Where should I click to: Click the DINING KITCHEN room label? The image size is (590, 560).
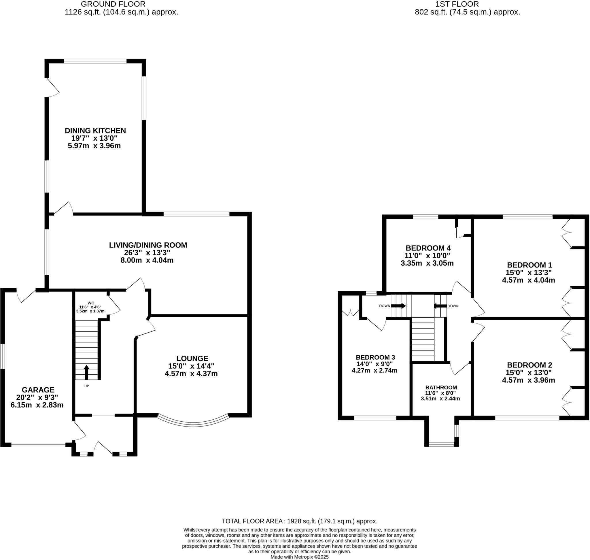[95, 131]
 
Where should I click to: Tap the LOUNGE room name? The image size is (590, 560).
[192, 358]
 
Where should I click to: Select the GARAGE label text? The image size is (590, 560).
[38, 390]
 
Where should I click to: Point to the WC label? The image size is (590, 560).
[91, 303]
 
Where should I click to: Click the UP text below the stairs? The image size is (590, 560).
[86, 386]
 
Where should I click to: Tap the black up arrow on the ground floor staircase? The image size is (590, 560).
[86, 372]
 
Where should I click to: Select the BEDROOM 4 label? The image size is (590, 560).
[428, 248]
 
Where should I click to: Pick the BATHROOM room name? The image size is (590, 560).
[441, 387]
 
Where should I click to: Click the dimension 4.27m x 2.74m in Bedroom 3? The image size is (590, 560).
[374, 370]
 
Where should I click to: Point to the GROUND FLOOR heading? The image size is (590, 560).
[113, 4]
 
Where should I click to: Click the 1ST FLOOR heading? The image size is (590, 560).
[467, 4]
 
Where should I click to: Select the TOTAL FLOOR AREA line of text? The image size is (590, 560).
[299, 521]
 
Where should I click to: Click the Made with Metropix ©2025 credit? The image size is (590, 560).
[299, 557]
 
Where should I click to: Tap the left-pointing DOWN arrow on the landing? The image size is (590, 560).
[440, 306]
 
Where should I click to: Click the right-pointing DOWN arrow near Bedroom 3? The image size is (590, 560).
[398, 306]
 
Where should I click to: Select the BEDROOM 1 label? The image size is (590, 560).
[530, 265]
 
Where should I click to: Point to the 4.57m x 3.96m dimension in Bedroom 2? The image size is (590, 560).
[528, 380]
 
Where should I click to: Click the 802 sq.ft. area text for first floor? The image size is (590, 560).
[467, 12]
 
